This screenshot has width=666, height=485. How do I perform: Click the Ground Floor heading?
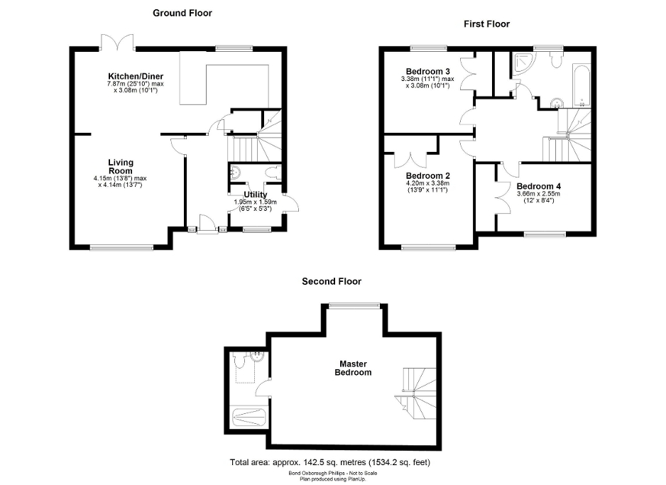coord(182,13)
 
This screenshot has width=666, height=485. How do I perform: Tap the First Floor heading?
coord(486,23)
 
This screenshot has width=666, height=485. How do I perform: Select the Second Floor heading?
coord(332,281)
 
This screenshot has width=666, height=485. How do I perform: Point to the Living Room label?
coord(121,167)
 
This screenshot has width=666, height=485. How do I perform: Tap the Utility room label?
coord(255,195)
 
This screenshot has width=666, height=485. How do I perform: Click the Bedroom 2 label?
coord(428,175)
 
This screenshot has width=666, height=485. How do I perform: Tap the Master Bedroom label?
coord(354,368)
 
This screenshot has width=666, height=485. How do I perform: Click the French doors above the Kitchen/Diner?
coord(118,43)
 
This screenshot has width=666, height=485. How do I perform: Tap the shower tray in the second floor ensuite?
coord(248,416)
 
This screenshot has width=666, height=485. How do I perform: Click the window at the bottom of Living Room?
coord(121,247)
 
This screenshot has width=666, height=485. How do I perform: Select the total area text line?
coord(330,462)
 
